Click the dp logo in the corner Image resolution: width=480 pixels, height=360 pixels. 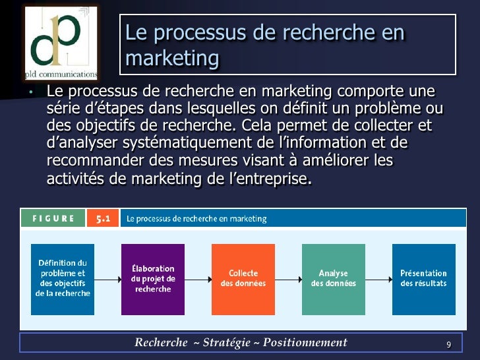(61, 41)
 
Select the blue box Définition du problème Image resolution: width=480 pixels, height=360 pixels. (63, 278)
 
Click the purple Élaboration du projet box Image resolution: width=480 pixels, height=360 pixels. (153, 278)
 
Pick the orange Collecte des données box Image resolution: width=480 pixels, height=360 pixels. (243, 278)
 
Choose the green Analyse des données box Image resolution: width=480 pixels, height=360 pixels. (333, 278)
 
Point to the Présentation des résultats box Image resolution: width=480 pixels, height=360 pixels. (423, 278)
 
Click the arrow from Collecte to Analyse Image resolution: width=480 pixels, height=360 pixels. (288, 278)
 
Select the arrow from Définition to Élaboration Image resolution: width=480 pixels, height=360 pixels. (107, 278)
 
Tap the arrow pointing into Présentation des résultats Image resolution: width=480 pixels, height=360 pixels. (378, 278)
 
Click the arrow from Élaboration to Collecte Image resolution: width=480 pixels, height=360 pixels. (198, 278)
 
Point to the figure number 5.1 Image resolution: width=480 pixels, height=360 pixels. (103, 218)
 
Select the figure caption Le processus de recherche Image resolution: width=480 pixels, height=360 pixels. (196, 218)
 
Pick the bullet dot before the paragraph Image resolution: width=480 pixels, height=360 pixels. (30, 92)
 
